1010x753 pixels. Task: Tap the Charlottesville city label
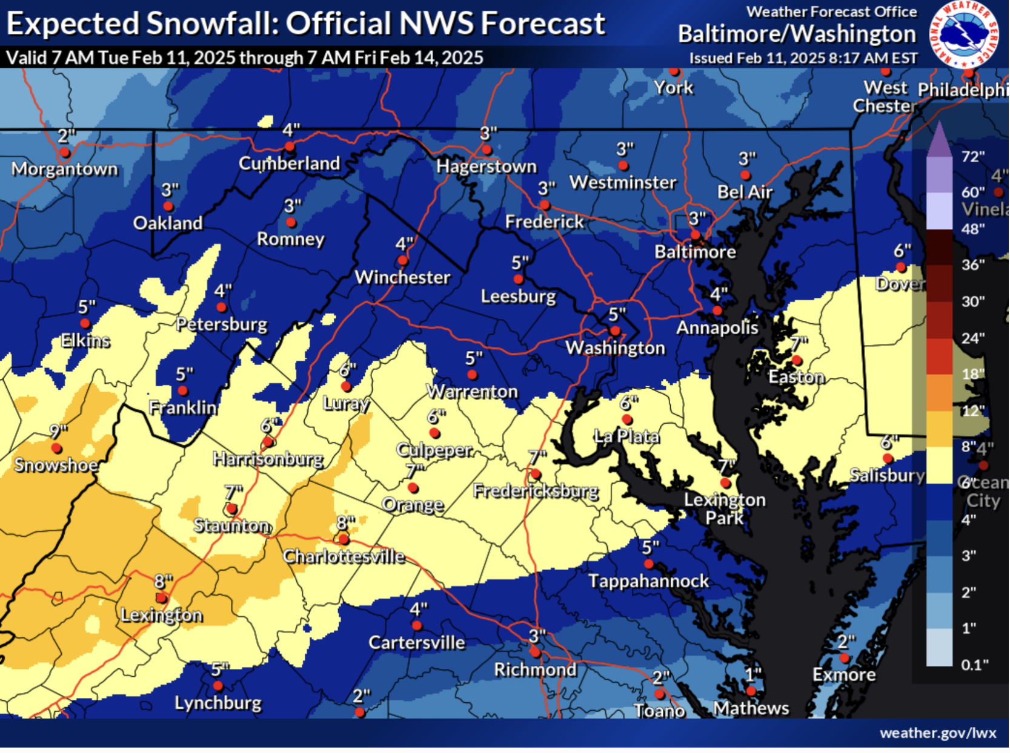pos(344,556)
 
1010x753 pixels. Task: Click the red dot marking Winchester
pos(403,261)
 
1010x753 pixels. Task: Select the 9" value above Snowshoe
pos(58,431)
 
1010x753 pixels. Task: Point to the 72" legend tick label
pos(973,157)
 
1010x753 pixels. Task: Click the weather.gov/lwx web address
pos(938,734)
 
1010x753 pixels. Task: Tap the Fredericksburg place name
pos(536,491)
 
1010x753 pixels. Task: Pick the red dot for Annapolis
pos(717,311)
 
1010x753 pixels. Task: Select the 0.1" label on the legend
pos(975,665)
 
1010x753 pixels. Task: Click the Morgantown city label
pos(65,169)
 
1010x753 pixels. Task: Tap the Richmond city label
pos(536,670)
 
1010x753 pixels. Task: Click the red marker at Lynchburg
pos(218,686)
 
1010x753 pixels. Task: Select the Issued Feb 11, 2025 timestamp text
pos(803,58)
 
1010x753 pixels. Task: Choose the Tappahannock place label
pos(649,581)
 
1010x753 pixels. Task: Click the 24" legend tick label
pos(973,338)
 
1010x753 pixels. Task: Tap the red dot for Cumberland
pos(290,146)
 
